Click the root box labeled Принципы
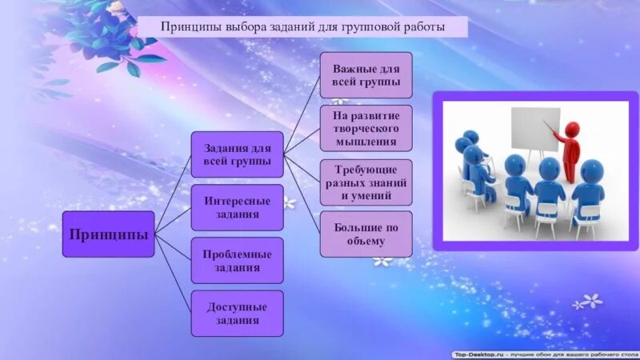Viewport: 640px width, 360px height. pos(108,234)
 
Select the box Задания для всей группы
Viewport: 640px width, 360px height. pos(237,154)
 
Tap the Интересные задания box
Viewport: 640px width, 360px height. pos(237,207)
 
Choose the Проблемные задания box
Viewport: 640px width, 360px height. pos(237,260)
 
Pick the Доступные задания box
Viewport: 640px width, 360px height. pos(237,313)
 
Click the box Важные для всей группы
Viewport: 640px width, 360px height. pos(366,75)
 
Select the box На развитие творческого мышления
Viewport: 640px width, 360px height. pos(366,128)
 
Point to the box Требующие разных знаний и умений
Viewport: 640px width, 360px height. pos(366,182)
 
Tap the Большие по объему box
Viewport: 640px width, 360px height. pos(366,234)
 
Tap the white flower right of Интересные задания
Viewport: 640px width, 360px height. pos(290,203)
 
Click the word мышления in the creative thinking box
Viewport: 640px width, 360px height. pos(366,142)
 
